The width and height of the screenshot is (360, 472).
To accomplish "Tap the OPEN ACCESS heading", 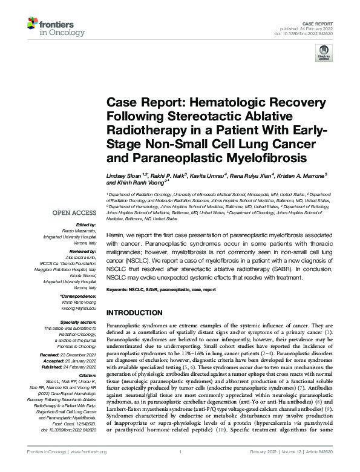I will coord(74,213).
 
